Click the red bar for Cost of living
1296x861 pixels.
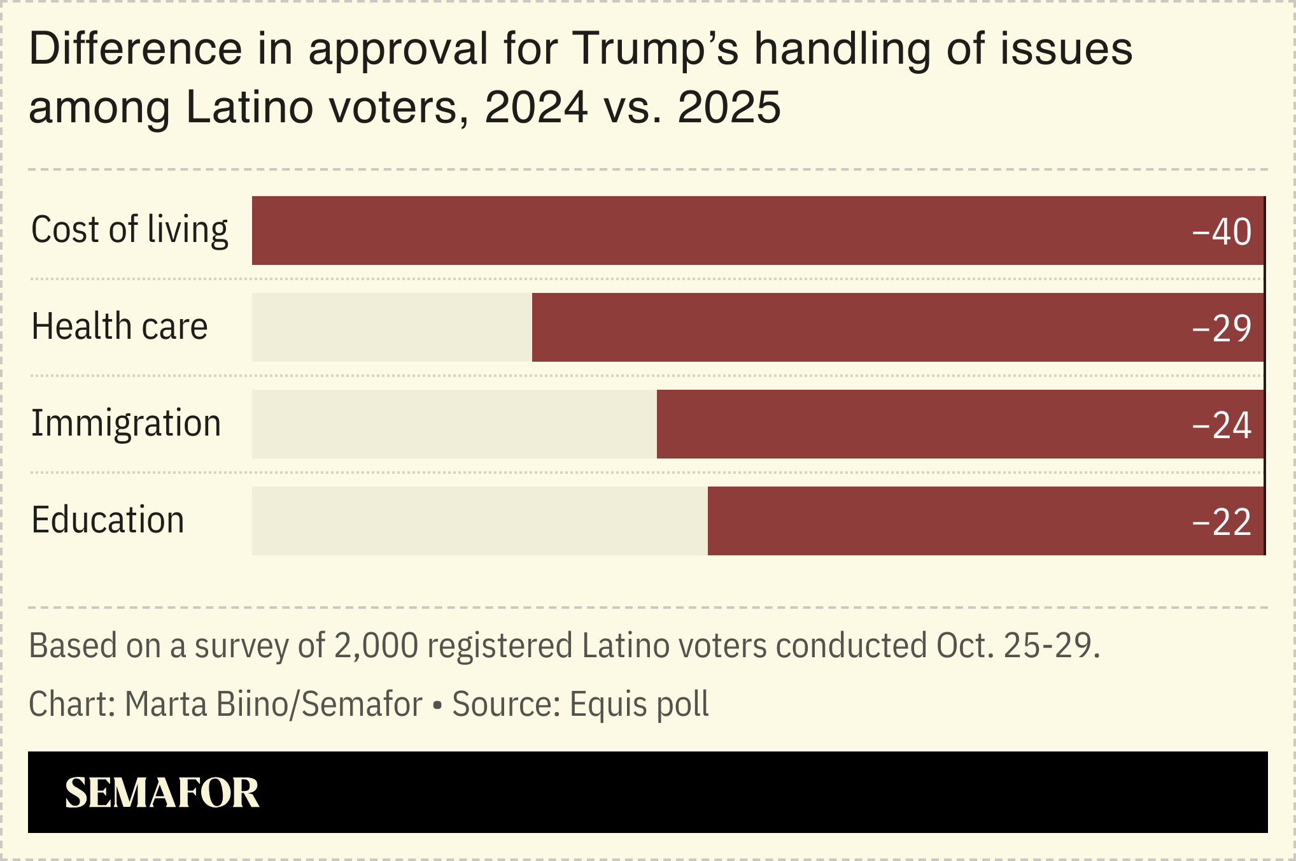coord(757,231)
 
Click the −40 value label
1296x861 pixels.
coord(1222,232)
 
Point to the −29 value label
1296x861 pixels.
coord(1222,329)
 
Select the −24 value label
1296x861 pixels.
coord(1222,425)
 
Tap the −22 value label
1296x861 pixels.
coord(1222,522)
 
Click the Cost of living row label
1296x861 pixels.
coord(129,230)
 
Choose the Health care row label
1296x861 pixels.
coord(120,327)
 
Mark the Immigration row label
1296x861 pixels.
coord(126,423)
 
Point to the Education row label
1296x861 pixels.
coord(108,520)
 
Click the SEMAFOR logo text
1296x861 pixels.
coord(162,793)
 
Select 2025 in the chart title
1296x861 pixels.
coord(729,107)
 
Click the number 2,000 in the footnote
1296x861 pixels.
coord(376,646)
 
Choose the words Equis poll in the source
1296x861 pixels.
coord(638,704)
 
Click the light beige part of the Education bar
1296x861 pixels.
coord(479,521)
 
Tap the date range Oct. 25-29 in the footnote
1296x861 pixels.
coord(1017,646)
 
